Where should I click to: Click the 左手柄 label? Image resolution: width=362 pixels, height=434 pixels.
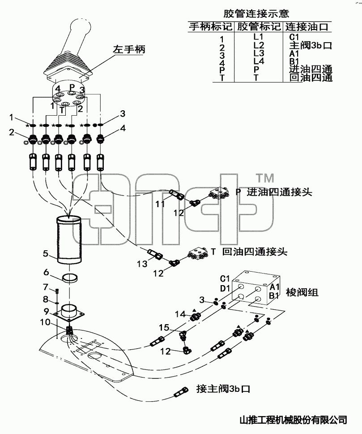coord(129,50)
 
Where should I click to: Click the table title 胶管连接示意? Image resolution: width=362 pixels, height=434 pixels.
coord(256,13)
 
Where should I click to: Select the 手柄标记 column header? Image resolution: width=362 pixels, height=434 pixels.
coord(211,27)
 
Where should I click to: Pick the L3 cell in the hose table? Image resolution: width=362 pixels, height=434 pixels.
coord(259,53)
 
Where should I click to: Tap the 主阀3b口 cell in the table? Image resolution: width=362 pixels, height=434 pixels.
coord(311,45)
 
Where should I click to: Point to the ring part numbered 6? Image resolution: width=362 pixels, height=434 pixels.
coord(69,278)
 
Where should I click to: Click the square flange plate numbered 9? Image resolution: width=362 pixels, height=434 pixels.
coord(69,313)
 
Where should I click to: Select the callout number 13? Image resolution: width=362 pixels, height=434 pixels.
coord(142,264)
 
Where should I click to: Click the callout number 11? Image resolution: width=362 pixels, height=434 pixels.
coord(160,204)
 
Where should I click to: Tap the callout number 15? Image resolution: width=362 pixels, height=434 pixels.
coord(164,327)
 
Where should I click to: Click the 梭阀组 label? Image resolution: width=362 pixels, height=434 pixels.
coord(302,292)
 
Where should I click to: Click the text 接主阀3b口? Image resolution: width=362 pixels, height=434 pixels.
coord(223,389)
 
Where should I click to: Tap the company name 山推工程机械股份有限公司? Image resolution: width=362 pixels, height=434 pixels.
coord(293,420)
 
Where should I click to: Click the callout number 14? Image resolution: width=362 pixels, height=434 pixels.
coord(180,314)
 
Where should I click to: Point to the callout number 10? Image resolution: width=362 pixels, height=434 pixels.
coord(45,322)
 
